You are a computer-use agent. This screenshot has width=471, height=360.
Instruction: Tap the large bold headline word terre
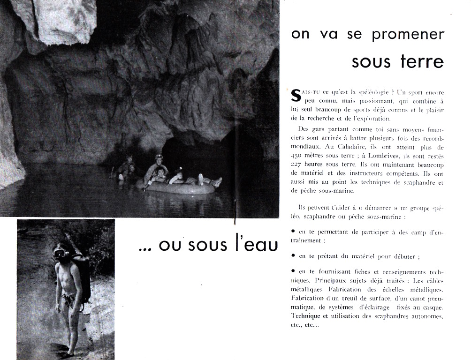tap(419, 61)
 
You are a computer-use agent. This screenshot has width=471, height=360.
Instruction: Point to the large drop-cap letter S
tap(296, 96)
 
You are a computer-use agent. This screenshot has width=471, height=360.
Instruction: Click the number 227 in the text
tap(298, 165)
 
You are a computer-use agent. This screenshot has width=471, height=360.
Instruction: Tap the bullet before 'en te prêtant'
tap(293, 255)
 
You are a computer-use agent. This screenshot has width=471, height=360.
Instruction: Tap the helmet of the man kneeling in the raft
tap(160, 157)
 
